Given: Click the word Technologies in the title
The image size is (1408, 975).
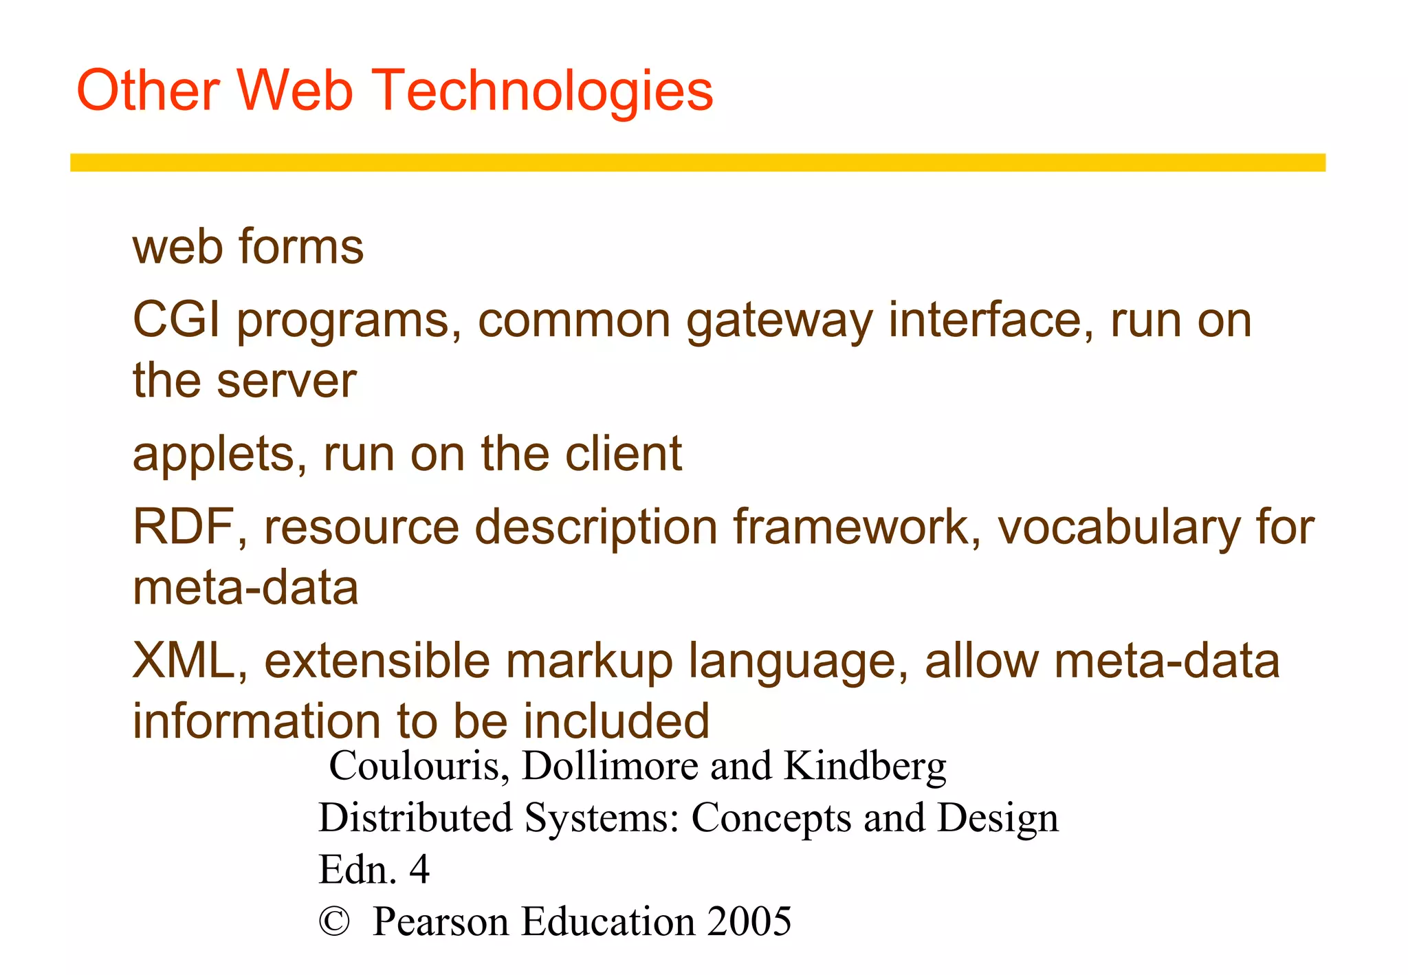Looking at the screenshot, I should click(545, 91).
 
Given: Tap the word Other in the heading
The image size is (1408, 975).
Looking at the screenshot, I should click(148, 91).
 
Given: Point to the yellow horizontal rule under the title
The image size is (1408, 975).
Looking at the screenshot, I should click(697, 162).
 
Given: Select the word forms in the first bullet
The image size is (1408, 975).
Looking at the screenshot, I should click(300, 247).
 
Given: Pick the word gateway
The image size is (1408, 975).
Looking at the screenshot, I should click(780, 322).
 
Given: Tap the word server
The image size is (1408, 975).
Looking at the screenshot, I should click(287, 382).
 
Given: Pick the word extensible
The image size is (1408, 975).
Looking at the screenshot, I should click(377, 660).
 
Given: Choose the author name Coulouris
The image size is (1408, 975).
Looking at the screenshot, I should click(419, 766).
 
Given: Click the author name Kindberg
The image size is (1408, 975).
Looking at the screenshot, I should click(865, 766).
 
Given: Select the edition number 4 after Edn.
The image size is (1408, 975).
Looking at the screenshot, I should click(419, 869).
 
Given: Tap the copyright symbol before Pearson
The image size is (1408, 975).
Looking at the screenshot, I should click(335, 921).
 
